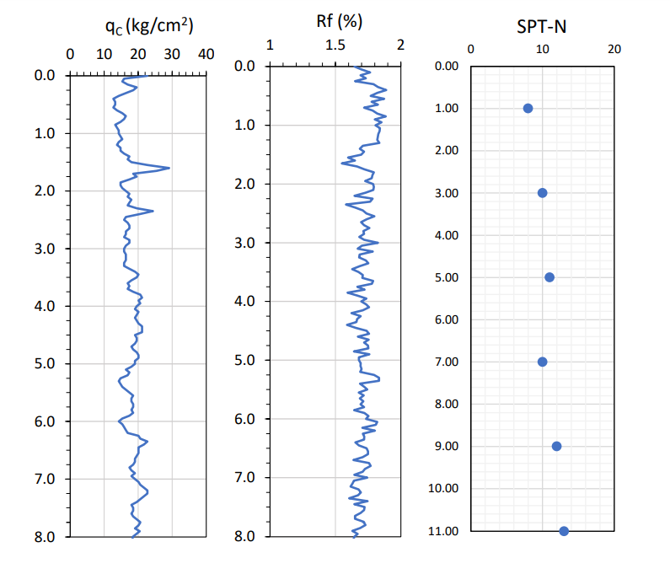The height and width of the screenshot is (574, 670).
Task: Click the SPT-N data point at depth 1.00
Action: [528, 109]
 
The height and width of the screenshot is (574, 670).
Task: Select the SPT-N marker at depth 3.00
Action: [542, 193]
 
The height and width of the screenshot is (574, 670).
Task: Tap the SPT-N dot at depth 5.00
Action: [549, 277]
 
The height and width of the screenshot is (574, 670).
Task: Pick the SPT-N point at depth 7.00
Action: [542, 362]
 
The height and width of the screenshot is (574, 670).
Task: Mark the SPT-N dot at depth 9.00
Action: [556, 446]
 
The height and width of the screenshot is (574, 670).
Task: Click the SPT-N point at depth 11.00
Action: [564, 531]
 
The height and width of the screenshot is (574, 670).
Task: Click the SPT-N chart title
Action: [541, 26]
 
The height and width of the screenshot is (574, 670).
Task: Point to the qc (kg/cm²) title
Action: [149, 26]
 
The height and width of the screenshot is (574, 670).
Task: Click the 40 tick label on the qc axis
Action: [206, 55]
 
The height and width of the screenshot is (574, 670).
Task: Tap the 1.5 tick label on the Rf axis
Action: [335, 45]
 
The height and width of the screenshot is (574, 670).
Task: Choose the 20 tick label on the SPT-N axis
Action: [614, 49]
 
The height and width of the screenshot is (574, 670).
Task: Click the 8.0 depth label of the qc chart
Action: [46, 537]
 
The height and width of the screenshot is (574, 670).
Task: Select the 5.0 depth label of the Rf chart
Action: [244, 361]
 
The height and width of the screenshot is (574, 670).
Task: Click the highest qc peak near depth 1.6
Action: [169, 168]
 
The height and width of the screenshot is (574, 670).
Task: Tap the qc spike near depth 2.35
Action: [153, 211]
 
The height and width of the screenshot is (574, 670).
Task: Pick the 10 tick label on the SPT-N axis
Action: [542, 49]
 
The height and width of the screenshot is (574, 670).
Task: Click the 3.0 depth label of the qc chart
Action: [46, 249]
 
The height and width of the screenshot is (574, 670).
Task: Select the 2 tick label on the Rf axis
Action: [400, 45]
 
